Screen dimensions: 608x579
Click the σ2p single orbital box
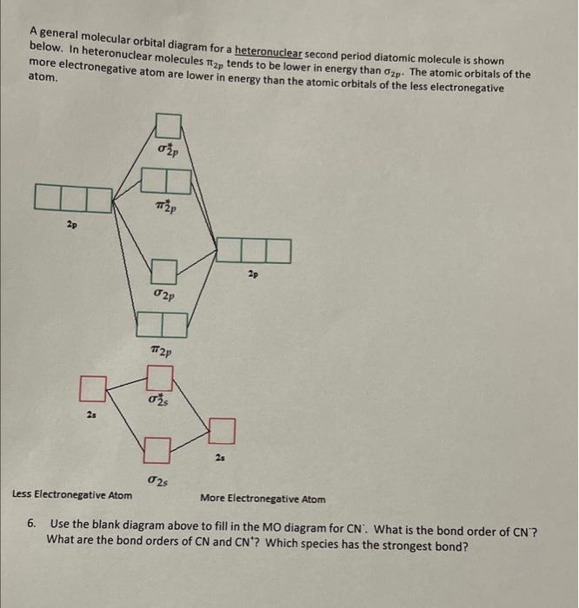[165, 272]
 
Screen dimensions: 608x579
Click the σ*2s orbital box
[160, 378]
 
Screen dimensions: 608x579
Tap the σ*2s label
[158, 401]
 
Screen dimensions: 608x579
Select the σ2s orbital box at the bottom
[156, 450]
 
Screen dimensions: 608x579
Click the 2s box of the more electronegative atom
[223, 431]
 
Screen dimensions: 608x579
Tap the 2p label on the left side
[70, 225]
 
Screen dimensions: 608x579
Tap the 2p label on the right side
[253, 274]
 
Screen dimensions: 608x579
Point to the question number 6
[31, 525]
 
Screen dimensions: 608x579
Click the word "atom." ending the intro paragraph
[43, 77]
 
